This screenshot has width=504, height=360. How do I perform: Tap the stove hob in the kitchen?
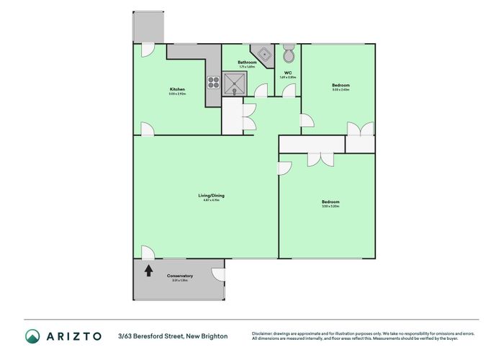coord(214,81)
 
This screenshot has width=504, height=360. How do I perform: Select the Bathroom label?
coord(248,63)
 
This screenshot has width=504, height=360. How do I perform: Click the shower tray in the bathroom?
coord(235,84)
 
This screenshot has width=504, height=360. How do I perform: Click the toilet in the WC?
coord(288,54)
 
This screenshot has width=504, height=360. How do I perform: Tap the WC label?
coord(287,73)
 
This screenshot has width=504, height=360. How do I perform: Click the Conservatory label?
coord(180,276)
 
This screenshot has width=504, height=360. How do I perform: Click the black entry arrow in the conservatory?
coord(148,271)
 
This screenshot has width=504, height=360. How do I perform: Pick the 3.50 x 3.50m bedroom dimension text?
coord(330,207)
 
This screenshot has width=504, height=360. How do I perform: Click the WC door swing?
coord(289,91)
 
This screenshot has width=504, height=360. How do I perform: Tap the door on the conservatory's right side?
coord(217,275)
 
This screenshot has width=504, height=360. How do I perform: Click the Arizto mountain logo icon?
coord(33,336)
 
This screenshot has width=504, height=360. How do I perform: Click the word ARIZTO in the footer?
coord(75,336)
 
